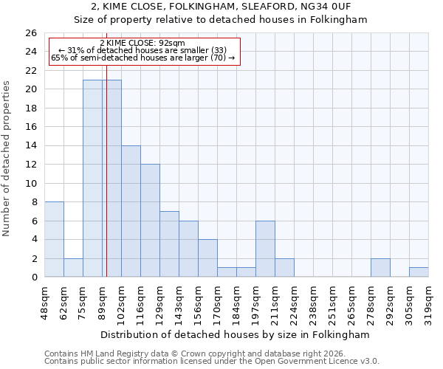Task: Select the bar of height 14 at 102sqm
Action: click(x=131, y=211)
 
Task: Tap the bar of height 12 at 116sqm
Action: click(x=150, y=221)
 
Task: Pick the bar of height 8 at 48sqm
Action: click(x=54, y=239)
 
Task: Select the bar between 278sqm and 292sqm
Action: click(x=380, y=268)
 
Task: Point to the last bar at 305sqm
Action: click(x=419, y=272)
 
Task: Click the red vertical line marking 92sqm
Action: click(x=106, y=184)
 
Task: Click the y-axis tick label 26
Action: click(x=31, y=33)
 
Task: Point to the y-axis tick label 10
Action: click(x=31, y=183)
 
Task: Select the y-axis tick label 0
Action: click(x=34, y=277)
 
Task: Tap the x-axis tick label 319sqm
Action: click(x=429, y=298)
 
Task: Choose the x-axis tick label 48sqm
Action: click(x=45, y=298)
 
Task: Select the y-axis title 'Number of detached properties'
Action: click(x=7, y=169)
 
